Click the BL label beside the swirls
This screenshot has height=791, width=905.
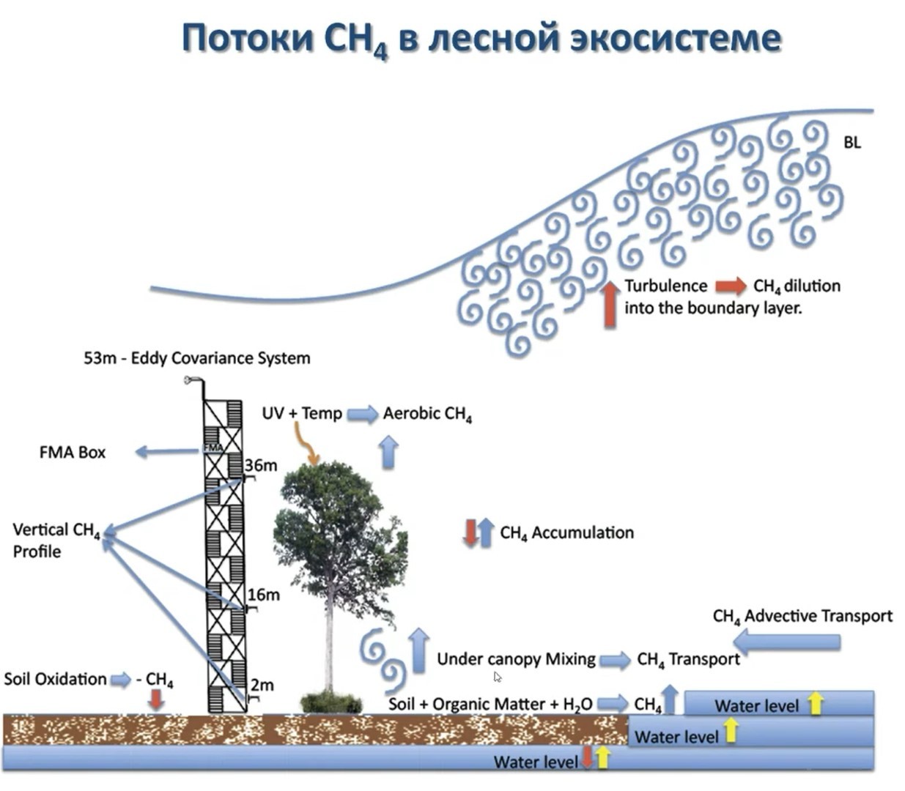click(852, 143)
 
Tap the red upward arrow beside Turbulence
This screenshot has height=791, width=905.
click(610, 303)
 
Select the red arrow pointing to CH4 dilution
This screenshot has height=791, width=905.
click(731, 286)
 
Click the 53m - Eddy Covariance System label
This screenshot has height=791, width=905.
click(196, 358)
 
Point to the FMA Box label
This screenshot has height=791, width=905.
click(72, 453)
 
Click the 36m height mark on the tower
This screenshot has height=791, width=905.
click(261, 465)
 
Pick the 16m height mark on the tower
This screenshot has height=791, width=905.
click(263, 595)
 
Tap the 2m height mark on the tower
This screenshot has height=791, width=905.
click(262, 686)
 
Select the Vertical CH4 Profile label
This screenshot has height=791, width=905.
click(55, 540)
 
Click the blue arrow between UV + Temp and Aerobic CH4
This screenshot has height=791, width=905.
click(362, 415)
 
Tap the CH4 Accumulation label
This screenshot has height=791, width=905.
click(566, 533)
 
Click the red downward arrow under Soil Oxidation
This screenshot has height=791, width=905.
click(155, 701)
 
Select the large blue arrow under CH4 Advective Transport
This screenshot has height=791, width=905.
click(787, 643)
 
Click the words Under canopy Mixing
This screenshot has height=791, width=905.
click(516, 659)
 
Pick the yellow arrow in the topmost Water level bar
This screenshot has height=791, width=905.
click(815, 705)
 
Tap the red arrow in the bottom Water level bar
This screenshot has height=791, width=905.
click(588, 758)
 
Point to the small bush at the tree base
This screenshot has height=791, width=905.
click(330, 702)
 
